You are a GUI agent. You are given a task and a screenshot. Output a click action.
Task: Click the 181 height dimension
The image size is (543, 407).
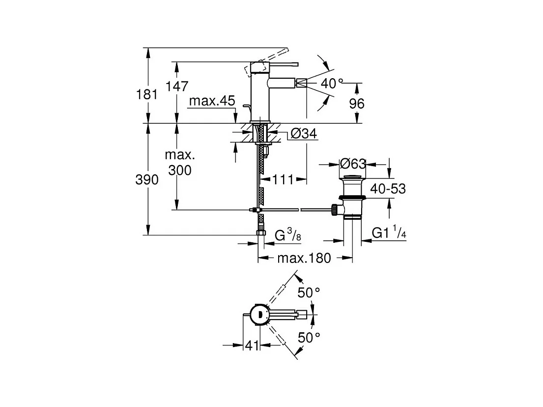click(147, 94)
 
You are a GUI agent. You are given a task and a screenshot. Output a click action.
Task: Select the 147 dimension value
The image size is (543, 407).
click(176, 86)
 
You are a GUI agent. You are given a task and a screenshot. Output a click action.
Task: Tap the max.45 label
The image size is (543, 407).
click(212, 101)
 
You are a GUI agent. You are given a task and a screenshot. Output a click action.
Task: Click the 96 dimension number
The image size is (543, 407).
click(356, 104)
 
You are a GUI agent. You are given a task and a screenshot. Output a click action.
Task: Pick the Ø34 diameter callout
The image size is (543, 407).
click(304, 133)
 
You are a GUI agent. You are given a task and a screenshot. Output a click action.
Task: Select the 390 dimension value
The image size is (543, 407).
click(147, 180)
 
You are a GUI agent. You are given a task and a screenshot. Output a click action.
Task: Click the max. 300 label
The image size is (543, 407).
click(180, 162)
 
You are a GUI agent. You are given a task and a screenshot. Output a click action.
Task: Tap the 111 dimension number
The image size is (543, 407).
click(283, 179)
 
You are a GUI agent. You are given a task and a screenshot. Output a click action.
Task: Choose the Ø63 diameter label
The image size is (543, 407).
click(353, 164)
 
